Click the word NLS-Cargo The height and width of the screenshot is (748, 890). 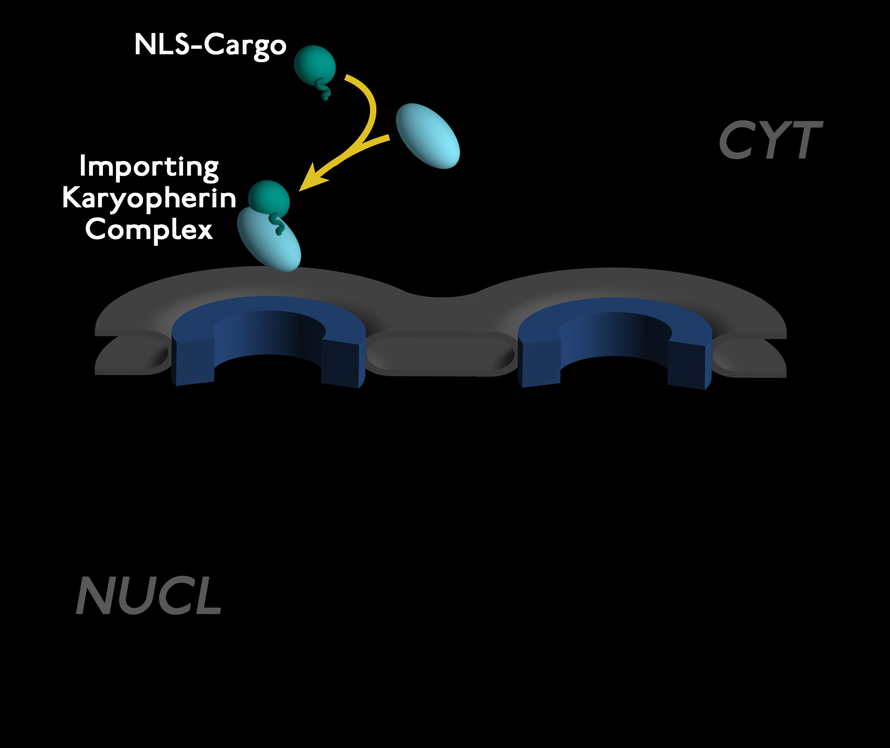click(210, 45)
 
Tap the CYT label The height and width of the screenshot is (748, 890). click(770, 140)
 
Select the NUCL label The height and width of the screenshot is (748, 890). click(149, 596)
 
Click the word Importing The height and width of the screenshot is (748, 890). click(149, 167)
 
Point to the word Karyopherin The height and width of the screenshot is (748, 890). click(149, 198)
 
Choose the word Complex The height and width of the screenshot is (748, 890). click(149, 230)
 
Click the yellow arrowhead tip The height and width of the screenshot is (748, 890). click(302, 188)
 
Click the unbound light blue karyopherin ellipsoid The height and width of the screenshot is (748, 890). click(428, 136)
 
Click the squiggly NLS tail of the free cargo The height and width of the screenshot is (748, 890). click(324, 90)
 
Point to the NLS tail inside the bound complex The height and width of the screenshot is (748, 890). click(278, 224)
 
